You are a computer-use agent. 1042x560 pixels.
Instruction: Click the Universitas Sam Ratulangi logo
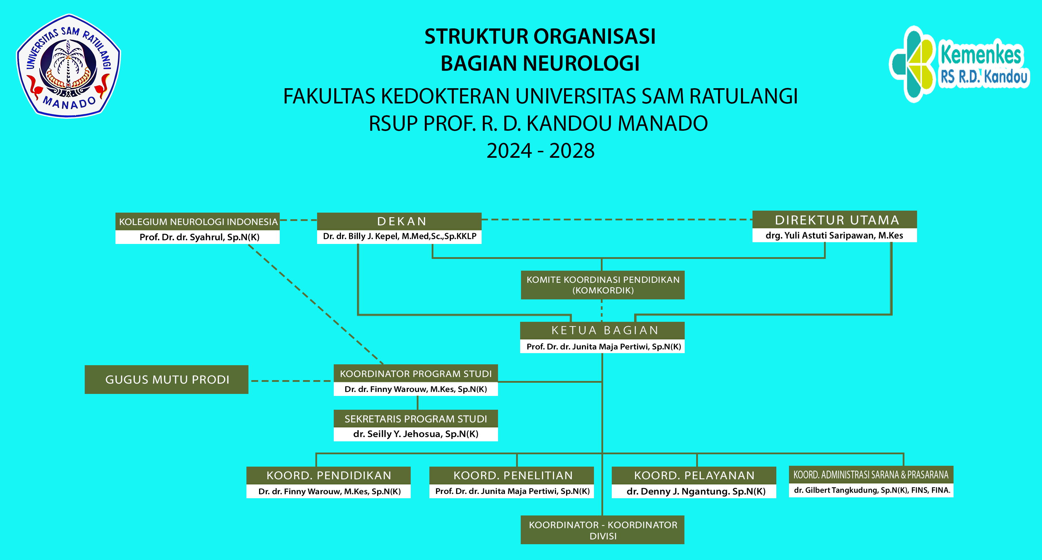tap(68, 66)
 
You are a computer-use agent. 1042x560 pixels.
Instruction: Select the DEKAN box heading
tap(399, 221)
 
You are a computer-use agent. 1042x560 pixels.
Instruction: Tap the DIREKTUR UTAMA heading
tap(834, 220)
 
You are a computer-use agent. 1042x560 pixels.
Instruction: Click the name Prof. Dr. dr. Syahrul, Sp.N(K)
tap(199, 237)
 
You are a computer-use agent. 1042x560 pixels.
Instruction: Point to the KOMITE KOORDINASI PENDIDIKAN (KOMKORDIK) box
tap(603, 285)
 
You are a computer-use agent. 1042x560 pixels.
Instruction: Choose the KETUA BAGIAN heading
tap(603, 330)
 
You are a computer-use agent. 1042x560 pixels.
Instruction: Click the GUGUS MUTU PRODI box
tap(167, 380)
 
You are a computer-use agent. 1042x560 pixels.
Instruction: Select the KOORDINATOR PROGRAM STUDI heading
tap(415, 374)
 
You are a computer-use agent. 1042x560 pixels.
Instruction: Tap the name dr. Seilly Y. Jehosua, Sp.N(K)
tap(415, 434)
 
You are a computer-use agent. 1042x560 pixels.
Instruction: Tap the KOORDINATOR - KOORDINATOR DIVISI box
tap(603, 530)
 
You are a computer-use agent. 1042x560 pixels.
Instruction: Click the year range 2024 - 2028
tap(541, 151)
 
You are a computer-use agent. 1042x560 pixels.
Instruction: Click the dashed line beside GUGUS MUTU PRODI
tap(291, 381)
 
